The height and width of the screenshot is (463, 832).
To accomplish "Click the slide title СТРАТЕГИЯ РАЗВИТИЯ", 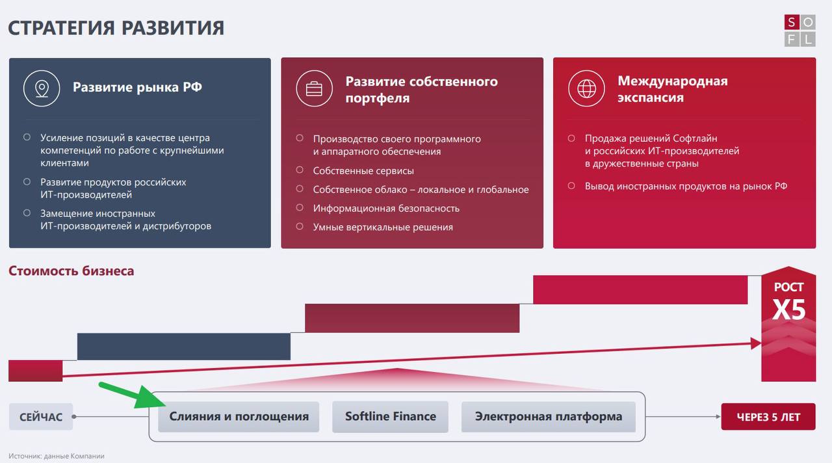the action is (x=116, y=28).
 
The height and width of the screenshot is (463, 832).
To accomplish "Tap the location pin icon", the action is (x=42, y=89).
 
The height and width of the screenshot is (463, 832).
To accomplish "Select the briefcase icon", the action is (x=314, y=89).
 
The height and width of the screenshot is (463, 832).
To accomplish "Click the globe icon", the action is (x=586, y=89).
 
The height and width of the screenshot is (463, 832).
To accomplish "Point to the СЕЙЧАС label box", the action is (x=41, y=417).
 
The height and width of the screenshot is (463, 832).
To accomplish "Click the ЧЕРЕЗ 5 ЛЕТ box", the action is (x=768, y=417).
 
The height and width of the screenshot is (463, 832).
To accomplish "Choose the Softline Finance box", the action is (x=391, y=417).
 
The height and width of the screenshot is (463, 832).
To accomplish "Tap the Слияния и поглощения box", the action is (x=239, y=417).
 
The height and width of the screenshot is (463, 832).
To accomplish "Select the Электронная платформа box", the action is (x=548, y=417).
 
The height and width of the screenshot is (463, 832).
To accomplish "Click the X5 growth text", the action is (x=788, y=309).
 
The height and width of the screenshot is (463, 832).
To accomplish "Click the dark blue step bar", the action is (x=184, y=347).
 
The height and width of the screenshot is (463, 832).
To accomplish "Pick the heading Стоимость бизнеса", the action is (x=71, y=271).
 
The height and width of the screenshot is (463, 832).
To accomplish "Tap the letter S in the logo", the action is (x=792, y=23).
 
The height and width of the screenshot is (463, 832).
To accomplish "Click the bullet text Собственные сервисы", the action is (x=363, y=170).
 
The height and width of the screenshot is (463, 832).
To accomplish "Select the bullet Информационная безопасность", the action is (x=386, y=208).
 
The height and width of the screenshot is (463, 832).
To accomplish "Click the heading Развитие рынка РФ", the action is (x=137, y=87).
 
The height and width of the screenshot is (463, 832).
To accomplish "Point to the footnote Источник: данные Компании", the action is (x=57, y=456).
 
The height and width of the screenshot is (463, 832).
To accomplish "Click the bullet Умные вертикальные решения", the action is (x=383, y=227).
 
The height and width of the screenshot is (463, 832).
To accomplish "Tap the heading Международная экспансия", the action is (x=673, y=89).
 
